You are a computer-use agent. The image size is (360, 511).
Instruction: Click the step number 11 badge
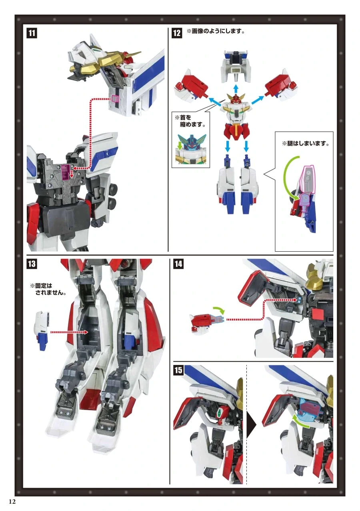click(x=32, y=33)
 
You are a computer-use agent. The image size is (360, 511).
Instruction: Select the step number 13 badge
click(x=32, y=264)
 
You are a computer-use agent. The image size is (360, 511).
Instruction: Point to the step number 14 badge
click(x=178, y=264)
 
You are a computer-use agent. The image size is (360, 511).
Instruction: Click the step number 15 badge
click(x=178, y=370)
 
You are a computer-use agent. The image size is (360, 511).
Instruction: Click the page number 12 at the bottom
click(x=12, y=501)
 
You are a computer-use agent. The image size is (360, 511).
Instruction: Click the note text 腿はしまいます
click(x=306, y=144)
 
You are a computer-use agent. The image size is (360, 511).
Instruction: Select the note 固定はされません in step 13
click(x=48, y=289)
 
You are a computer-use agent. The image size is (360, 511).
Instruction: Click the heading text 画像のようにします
click(x=216, y=31)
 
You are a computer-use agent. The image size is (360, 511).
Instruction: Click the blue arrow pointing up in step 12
click(x=236, y=89)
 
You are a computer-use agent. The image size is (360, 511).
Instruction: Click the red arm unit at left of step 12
click(x=191, y=85)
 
